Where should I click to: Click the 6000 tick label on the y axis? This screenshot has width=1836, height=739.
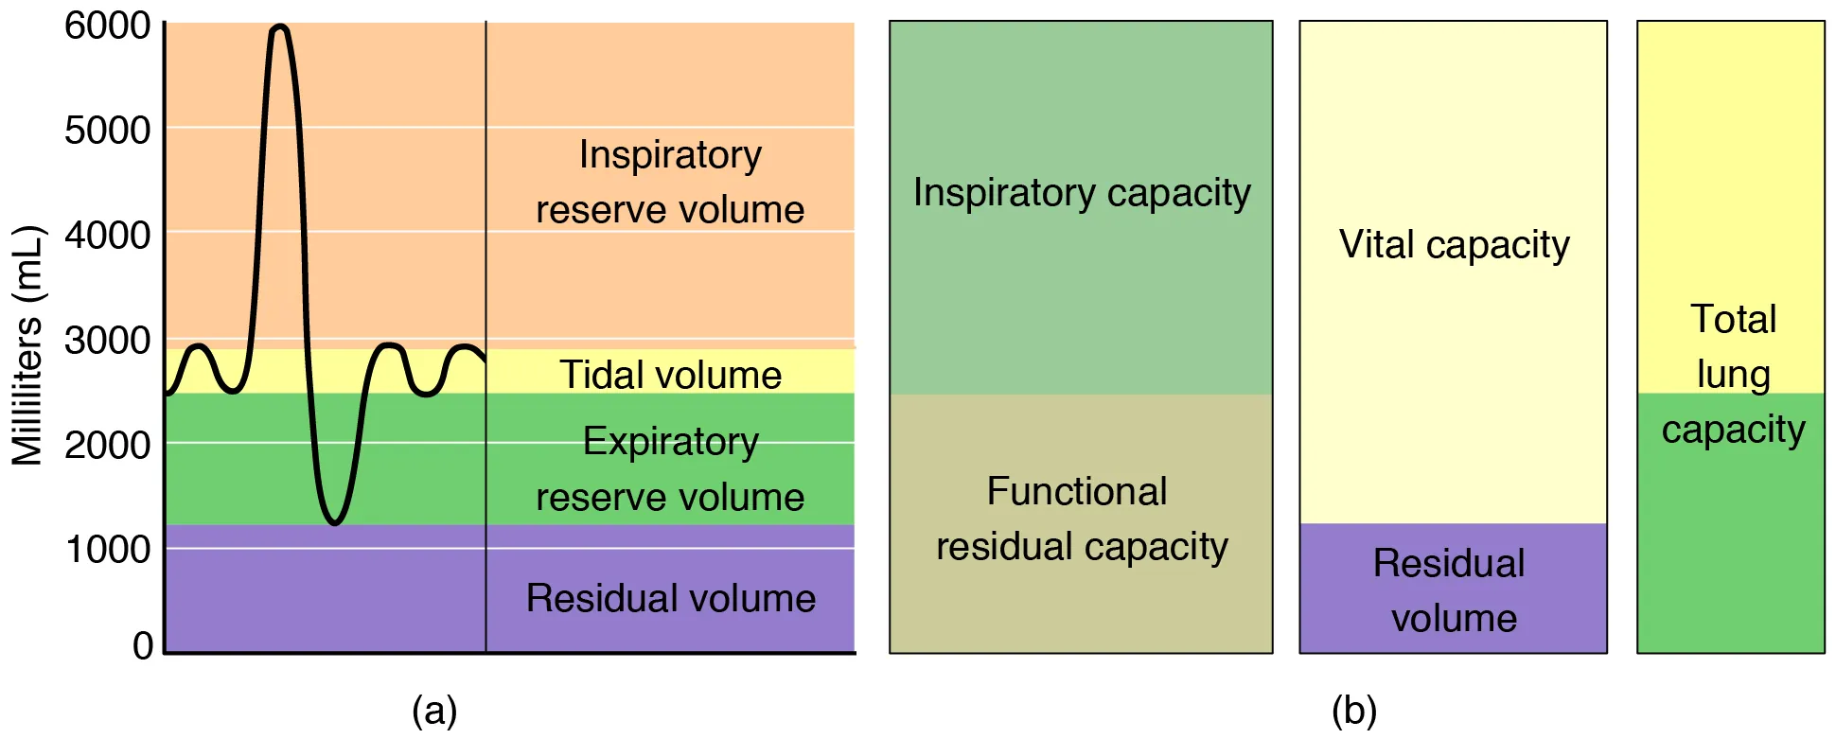pyautogui.click(x=107, y=26)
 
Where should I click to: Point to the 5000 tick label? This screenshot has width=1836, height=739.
pyautogui.click(x=107, y=130)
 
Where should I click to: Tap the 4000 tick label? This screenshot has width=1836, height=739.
pyautogui.click(x=107, y=235)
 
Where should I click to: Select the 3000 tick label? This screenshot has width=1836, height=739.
pyautogui.click(x=107, y=340)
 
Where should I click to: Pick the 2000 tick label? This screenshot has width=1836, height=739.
pyautogui.click(x=107, y=444)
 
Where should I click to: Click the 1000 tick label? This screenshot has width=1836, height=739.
pyautogui.click(x=107, y=549)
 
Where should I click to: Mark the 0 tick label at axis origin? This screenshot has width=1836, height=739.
pyautogui.click(x=143, y=645)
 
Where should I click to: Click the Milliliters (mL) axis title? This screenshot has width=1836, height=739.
pyautogui.click(x=27, y=345)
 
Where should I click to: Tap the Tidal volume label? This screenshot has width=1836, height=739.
pyautogui.click(x=670, y=375)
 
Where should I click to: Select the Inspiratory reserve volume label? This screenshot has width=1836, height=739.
pyautogui.click(x=670, y=182)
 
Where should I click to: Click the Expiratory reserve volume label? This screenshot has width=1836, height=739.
pyautogui.click(x=670, y=469)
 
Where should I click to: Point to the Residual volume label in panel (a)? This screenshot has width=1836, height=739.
pyautogui.click(x=670, y=598)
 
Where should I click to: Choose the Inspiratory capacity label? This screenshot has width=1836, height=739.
pyautogui.click(x=1082, y=192)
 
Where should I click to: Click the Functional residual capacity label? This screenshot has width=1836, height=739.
pyautogui.click(x=1082, y=519)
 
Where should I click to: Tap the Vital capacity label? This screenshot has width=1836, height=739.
pyautogui.click(x=1454, y=244)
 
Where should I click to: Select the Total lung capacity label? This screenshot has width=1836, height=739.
pyautogui.click(x=1733, y=374)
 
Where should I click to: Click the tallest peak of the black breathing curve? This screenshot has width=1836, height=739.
pyautogui.click(x=279, y=27)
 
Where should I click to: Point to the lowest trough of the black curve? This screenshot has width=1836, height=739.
pyautogui.click(x=334, y=521)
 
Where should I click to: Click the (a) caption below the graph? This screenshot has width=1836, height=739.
pyautogui.click(x=434, y=710)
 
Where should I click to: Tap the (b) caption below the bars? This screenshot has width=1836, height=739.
pyautogui.click(x=1354, y=710)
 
